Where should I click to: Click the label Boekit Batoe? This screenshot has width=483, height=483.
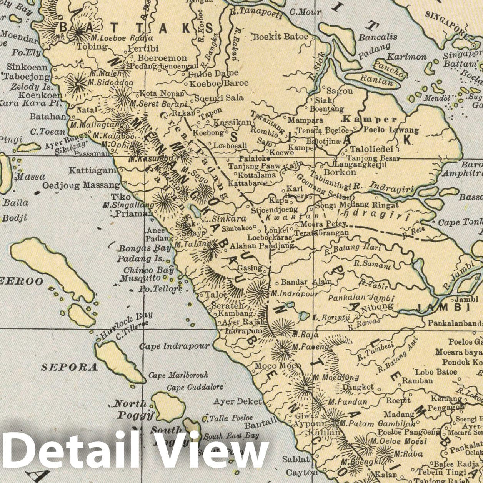[280, 37]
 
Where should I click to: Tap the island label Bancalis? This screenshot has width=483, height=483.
[373, 37]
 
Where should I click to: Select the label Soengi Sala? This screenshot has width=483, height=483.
[219, 98]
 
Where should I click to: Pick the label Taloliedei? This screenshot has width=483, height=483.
[372, 149]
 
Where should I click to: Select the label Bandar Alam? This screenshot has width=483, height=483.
[306, 282]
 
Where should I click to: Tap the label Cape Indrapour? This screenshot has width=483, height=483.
[175, 346]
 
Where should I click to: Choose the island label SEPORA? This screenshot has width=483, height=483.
[69, 367]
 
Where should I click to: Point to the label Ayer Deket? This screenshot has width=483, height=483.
[237, 401]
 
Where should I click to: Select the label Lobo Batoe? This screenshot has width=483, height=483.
[436, 372]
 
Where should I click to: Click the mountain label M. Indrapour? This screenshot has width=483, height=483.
[295, 293]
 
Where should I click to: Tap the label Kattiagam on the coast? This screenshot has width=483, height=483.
[92, 170]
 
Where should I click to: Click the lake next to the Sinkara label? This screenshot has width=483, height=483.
[195, 211]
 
